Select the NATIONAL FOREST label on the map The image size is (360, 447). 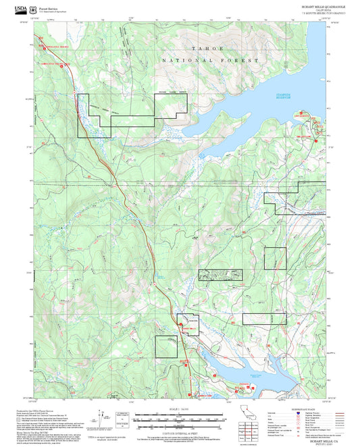210,61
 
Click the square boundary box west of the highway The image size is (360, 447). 166,346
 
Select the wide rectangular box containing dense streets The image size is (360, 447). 220,275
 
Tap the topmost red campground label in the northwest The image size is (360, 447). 54,46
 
